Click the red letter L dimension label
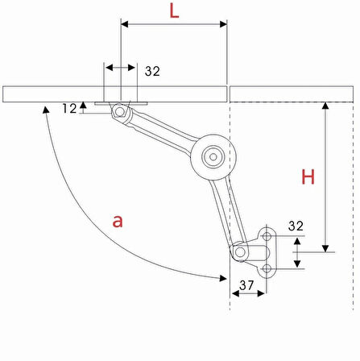pos(174,12)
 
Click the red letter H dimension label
pos(308,176)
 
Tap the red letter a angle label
pos(118,222)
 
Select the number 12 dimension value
pos(70,109)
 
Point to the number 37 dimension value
pos(246,285)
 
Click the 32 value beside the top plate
pos(152,71)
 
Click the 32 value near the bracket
pos(296,226)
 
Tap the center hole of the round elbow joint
pos(213,157)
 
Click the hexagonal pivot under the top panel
pos(119,111)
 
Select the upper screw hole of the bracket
pos(267,236)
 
